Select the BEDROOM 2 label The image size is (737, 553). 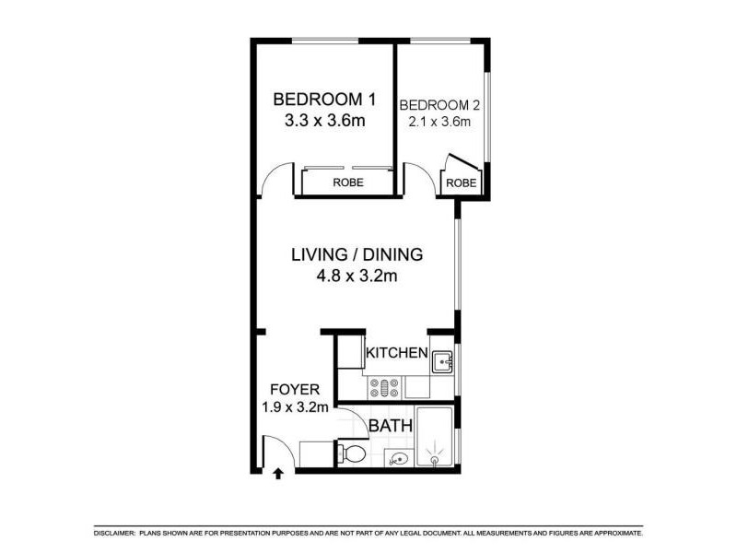[440, 103]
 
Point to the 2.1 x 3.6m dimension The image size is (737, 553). [440, 121]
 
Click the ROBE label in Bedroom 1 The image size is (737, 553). [348, 182]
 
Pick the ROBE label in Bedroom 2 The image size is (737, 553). [462, 183]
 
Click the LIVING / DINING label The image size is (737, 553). [357, 254]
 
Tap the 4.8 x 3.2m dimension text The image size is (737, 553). [357, 275]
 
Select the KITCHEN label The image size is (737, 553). [396, 353]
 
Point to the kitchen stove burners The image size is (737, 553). [384, 387]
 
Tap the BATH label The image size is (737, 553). [387, 427]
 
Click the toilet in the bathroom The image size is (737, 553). [350, 453]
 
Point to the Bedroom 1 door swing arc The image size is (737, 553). [269, 181]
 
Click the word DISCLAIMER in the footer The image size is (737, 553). [114, 534]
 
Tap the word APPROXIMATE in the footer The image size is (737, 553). [609, 534]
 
